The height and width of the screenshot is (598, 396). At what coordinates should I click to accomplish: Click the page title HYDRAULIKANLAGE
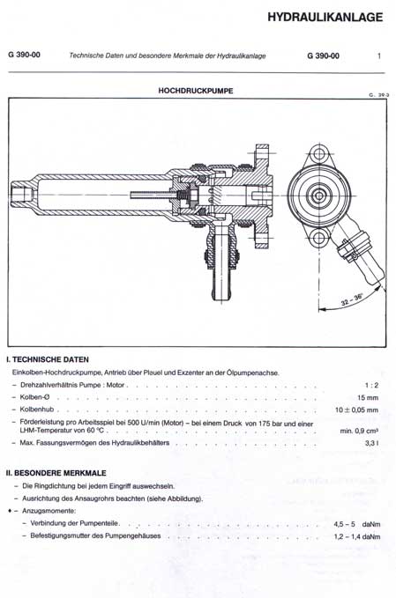coord(325,17)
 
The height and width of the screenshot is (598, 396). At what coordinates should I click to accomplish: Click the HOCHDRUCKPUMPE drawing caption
coord(196,91)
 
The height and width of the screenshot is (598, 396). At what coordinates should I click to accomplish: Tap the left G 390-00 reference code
coord(24,55)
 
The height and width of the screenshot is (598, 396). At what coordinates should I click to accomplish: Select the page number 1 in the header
coord(379,55)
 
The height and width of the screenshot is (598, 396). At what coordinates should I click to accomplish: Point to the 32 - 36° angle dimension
coord(352,299)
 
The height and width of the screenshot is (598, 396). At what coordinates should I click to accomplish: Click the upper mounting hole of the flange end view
coord(318,154)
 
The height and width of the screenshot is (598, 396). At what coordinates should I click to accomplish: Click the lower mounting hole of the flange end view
coord(318,238)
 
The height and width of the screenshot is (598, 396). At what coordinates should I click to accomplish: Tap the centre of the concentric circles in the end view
coord(318,196)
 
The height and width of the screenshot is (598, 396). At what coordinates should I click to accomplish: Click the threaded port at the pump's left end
coord(21,195)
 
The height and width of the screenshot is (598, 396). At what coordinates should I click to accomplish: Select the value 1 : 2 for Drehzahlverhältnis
coord(371,385)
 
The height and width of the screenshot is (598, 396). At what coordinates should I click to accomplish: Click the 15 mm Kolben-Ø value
coord(368,398)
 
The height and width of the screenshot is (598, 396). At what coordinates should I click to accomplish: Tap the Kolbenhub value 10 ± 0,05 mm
coord(356,410)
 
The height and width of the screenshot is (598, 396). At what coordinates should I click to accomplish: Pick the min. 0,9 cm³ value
coord(359,431)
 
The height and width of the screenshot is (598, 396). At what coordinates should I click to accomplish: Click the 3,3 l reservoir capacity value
coord(371,443)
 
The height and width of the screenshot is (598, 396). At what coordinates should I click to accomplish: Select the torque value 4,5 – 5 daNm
coord(356,524)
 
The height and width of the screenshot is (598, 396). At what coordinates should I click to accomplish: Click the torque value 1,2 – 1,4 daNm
coord(357,536)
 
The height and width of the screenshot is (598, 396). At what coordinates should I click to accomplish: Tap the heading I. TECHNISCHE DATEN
coord(48,359)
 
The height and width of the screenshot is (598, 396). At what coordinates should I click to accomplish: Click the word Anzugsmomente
coord(49,511)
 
